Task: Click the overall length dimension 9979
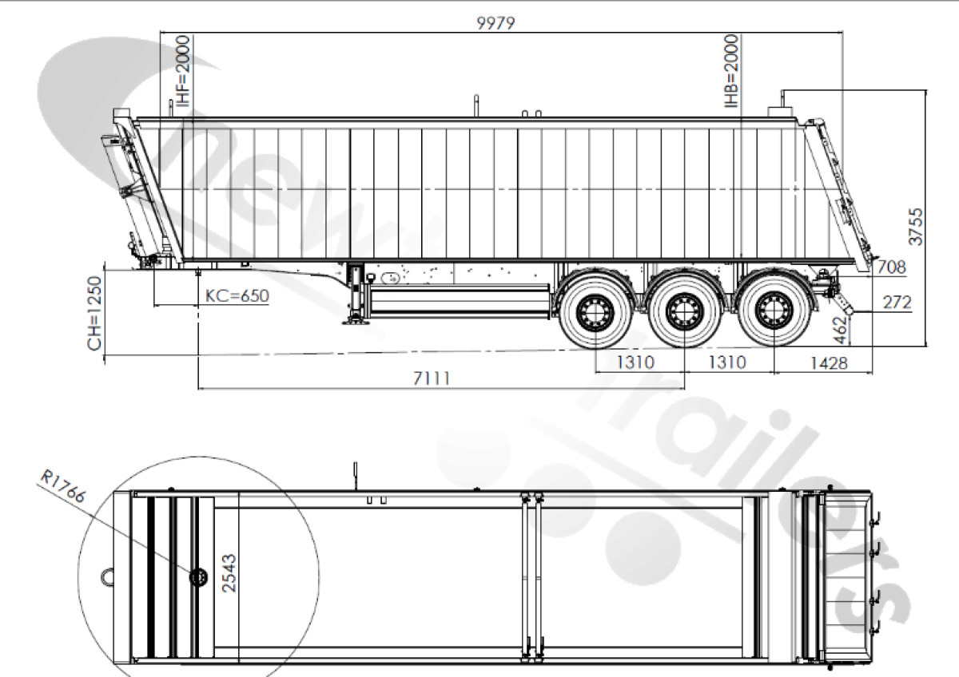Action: tap(496, 23)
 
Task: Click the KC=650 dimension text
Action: tap(237, 296)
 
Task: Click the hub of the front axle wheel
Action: tap(595, 308)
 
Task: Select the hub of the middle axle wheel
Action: tap(684, 308)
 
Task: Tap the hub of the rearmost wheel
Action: tap(772, 308)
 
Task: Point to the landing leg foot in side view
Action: tap(352, 322)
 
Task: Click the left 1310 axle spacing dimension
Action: tap(636, 362)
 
